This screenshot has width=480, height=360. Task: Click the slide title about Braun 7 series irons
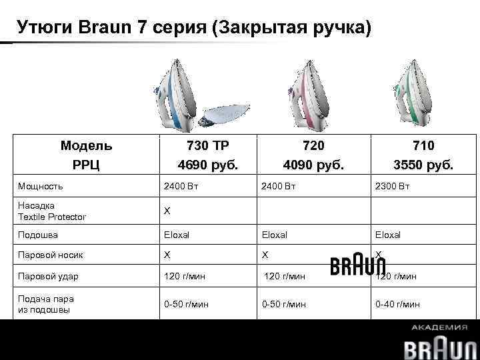(193, 27)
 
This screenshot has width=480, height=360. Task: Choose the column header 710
(423, 145)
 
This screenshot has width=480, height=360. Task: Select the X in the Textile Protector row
(167, 211)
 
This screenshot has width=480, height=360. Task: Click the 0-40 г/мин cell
(397, 304)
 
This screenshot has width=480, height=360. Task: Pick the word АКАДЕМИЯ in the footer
(439, 327)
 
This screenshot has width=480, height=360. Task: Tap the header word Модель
(86, 145)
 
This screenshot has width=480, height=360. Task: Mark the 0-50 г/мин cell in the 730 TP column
(186, 304)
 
